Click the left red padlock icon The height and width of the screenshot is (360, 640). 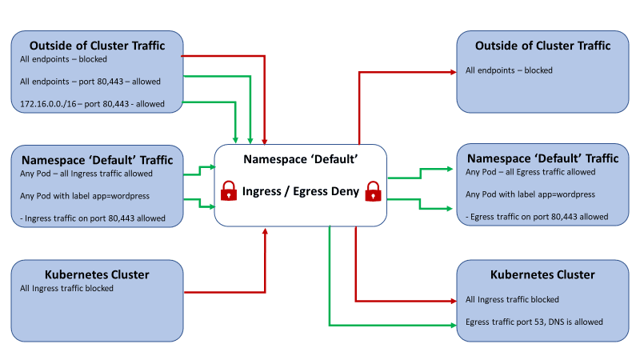(x=229, y=191)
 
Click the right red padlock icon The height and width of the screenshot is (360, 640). (x=372, y=191)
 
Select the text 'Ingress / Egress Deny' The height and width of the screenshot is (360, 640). (x=301, y=192)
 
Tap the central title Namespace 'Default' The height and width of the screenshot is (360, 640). (x=300, y=160)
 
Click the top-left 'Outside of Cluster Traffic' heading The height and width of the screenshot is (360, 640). (x=97, y=46)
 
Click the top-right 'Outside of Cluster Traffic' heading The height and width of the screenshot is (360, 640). (x=542, y=46)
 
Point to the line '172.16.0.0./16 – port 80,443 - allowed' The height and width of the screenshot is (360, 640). (x=92, y=104)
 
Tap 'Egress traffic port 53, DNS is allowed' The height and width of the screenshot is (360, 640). (x=534, y=322)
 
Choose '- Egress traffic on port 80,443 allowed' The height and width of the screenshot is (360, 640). (x=537, y=217)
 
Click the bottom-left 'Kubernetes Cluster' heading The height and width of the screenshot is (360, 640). (x=97, y=274)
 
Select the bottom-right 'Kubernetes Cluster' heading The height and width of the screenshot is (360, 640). (x=542, y=274)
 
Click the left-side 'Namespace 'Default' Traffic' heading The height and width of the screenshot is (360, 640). (x=97, y=158)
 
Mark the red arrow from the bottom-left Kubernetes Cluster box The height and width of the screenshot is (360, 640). (x=224, y=293)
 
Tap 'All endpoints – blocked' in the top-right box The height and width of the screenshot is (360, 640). (x=509, y=70)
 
